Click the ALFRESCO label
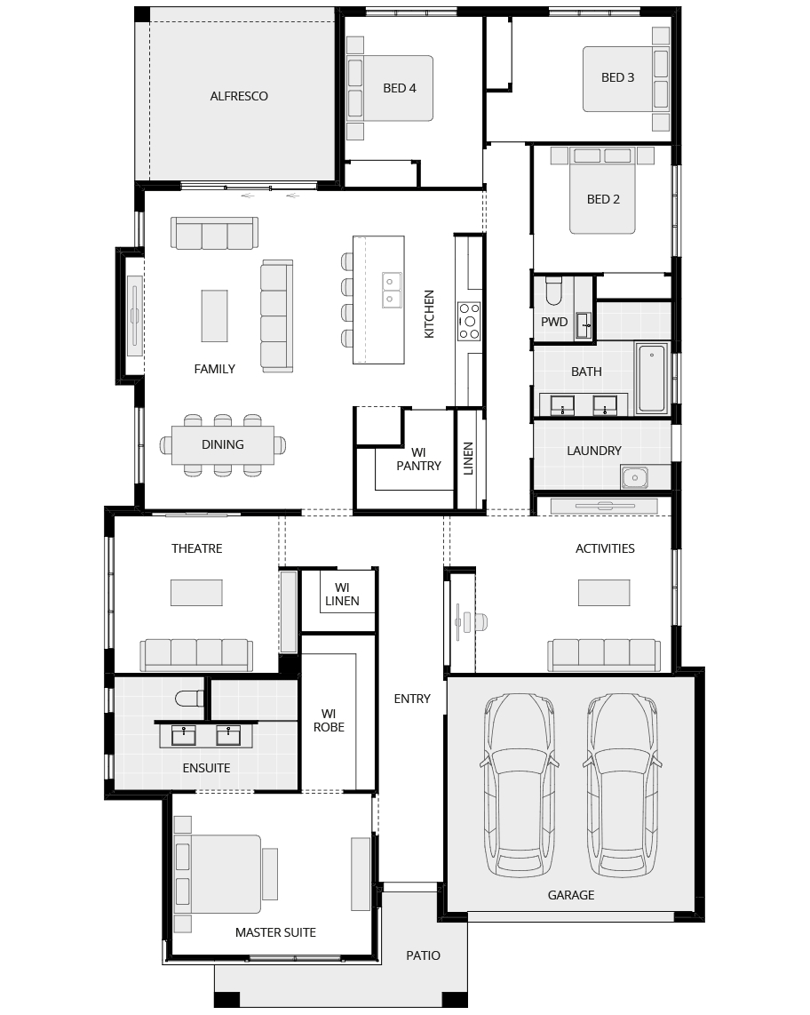239,96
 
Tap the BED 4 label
399,88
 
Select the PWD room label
554,322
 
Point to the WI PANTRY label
418,459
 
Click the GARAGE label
570,895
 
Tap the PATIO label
423,955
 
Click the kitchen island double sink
391,290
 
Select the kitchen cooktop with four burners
468,321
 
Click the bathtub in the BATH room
652,378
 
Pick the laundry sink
635,477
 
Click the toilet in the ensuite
189,699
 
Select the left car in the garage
519,785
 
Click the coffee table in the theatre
196,592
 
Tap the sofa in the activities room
604,655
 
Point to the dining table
223,444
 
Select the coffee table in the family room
214,316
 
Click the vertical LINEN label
468,459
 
